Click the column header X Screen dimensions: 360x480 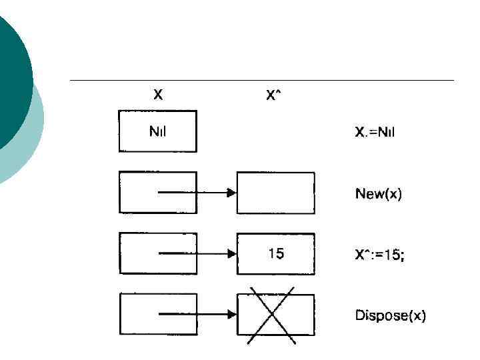coord(158,95)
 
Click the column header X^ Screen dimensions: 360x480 coord(273,95)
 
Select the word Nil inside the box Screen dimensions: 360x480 coord(157,131)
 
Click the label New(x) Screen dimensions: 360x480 coord(378,193)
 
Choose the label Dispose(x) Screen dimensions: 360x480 coord(390,315)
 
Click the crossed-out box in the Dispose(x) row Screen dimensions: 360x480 coord(275,314)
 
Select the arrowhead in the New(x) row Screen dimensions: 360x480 coord(231,193)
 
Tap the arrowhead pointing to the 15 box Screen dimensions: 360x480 coord(231,254)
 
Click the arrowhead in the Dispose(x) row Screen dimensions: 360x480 coord(231,314)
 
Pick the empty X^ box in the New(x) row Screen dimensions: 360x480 coord(275,193)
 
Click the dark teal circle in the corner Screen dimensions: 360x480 coord(10,73)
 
